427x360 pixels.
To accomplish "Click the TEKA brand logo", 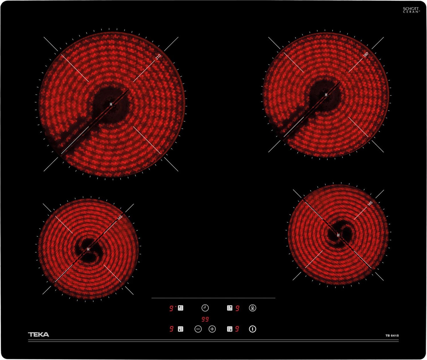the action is (38, 335).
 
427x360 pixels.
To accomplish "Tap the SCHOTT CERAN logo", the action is (411, 10).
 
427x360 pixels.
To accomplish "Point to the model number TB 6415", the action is (392, 335).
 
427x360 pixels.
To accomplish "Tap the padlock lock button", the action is (253, 308).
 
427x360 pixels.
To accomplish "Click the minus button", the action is (198, 329).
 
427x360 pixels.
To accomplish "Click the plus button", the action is (212, 329).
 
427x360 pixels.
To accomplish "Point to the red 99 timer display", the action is (205, 319).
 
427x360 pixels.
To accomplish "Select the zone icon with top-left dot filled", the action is (180, 308).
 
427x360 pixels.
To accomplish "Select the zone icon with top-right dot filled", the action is (230, 308).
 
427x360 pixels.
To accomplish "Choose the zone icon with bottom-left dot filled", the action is (180, 329).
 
